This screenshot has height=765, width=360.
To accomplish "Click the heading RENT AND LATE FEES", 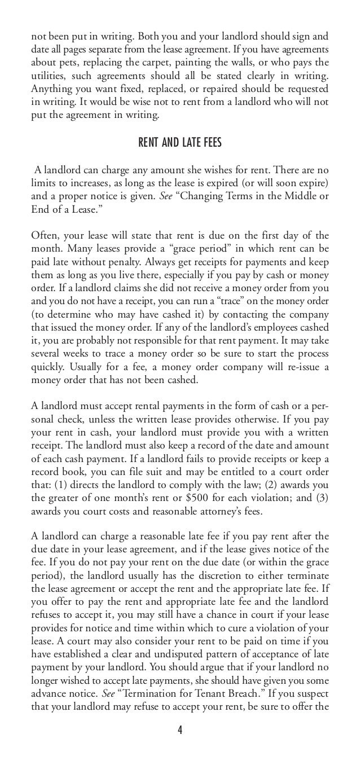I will pos(180,143).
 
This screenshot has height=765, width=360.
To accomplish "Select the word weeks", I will pos(65,354).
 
